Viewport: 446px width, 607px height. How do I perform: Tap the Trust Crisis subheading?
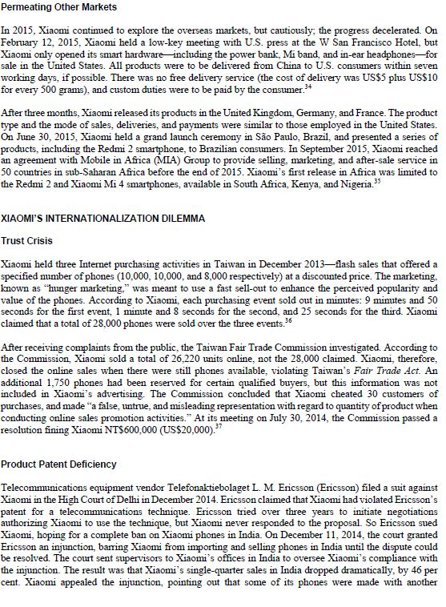[x=26, y=240]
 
